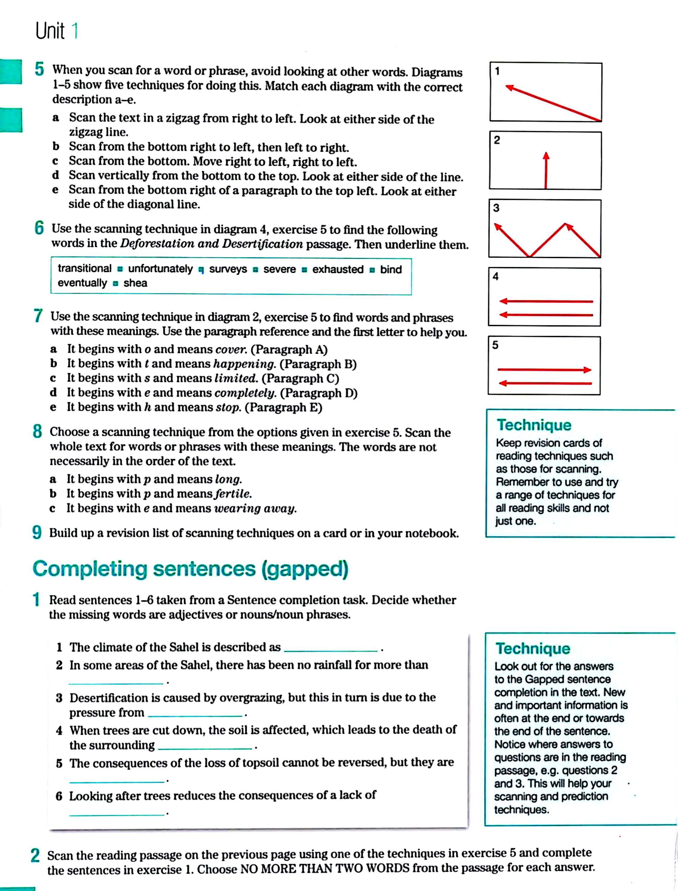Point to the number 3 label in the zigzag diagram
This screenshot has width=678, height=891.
(x=496, y=208)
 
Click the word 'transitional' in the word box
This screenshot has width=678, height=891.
(x=84, y=268)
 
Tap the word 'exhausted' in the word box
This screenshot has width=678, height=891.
(x=338, y=269)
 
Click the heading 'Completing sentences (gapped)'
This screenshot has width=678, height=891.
(x=190, y=569)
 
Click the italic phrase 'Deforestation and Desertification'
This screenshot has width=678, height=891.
(x=211, y=244)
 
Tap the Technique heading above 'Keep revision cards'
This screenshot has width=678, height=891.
(x=534, y=425)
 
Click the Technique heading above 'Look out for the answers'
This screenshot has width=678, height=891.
(x=533, y=648)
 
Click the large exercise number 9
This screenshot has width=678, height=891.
(x=37, y=533)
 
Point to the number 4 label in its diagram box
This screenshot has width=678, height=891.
(x=496, y=277)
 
